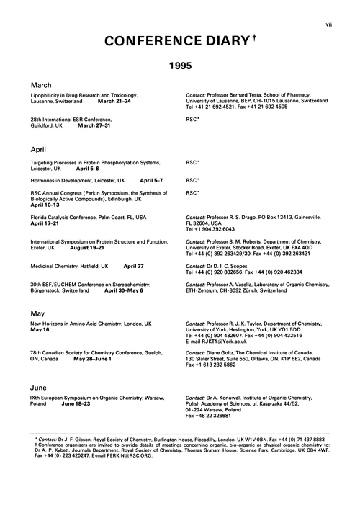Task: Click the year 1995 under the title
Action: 181,65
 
